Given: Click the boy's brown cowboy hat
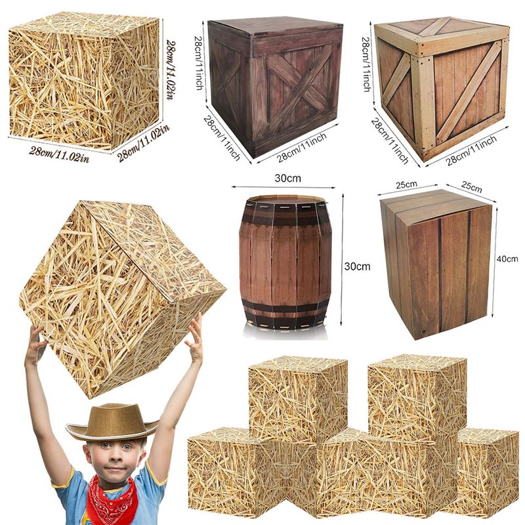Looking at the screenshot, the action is point(112,423).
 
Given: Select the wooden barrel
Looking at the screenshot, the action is point(285,262).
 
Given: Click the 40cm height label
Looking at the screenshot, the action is point(507,259).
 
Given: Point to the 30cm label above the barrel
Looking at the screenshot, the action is point(287,178).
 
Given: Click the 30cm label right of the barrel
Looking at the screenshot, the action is point(357,266).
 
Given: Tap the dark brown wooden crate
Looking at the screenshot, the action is point(275,88).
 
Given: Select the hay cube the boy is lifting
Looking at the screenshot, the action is point(122,299).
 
